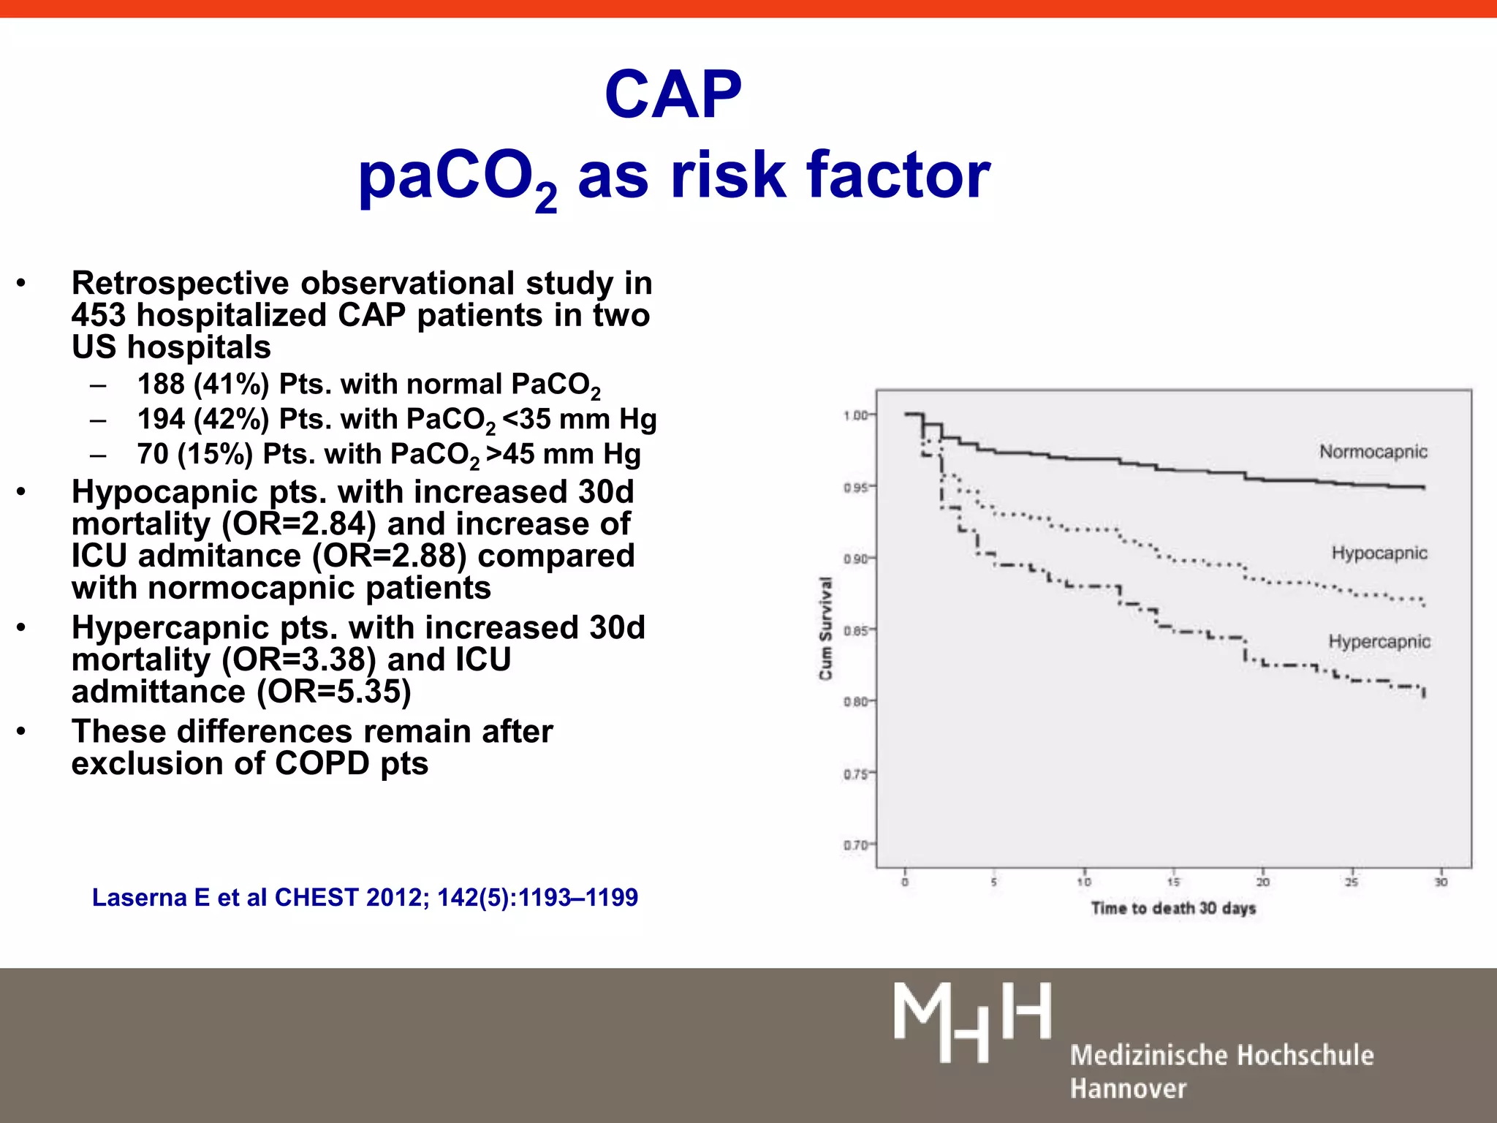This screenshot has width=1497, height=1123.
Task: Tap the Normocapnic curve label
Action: (1373, 452)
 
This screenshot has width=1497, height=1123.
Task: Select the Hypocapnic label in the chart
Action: (1379, 553)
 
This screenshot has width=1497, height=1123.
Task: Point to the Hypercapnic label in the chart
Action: (1379, 641)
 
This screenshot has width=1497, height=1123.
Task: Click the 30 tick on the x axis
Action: (1441, 882)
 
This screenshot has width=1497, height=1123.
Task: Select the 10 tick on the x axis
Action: (1084, 882)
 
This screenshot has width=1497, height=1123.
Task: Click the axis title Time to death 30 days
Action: (1173, 908)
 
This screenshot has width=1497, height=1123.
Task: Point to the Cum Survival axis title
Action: (826, 628)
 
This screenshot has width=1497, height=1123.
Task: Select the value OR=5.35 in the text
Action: (334, 692)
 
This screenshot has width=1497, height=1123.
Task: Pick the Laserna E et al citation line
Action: (365, 897)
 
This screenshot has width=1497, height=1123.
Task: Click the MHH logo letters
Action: (972, 1021)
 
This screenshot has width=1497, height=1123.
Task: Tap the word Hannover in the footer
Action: (1128, 1088)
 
